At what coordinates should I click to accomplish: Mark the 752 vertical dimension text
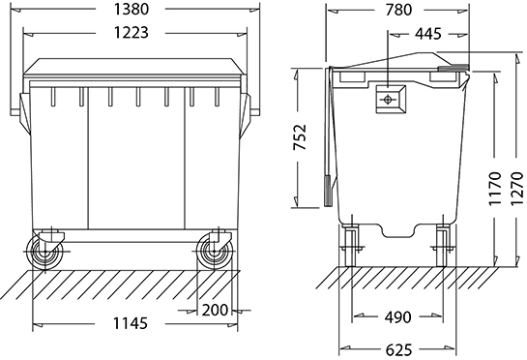tap(303, 139)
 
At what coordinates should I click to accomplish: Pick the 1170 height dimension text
tap(495, 190)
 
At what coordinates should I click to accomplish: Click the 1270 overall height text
tap(515, 190)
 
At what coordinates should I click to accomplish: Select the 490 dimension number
tap(395, 316)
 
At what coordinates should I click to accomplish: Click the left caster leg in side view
tap(350, 244)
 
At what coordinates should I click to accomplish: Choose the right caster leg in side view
tap(443, 244)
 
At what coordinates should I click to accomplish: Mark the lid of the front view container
tap(135, 70)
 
